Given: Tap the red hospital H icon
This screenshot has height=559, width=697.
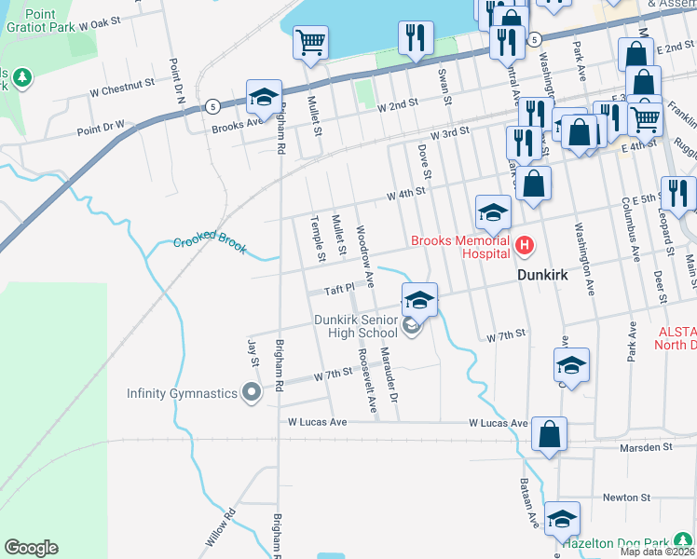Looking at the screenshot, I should (525, 247).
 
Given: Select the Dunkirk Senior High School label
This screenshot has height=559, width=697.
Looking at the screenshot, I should (356, 326).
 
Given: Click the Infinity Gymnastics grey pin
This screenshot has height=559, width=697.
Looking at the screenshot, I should (251, 393).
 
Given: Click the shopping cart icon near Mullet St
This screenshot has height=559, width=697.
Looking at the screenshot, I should (311, 42).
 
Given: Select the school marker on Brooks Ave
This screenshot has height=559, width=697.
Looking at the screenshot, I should (265, 98).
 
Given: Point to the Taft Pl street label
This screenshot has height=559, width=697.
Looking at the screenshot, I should (340, 289).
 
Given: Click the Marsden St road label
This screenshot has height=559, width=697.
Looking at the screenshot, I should (646, 448).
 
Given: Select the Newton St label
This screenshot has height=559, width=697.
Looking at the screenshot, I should (625, 498).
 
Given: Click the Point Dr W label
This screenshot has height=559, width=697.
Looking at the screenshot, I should (101, 126).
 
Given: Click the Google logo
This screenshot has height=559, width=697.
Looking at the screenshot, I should (31, 548).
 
